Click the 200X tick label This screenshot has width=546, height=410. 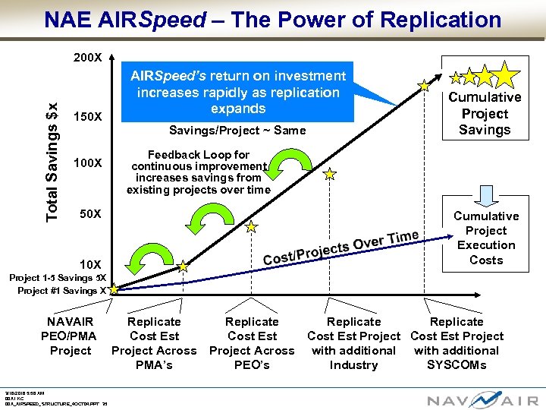tap(88, 58)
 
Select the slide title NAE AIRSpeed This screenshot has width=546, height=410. tap(273, 20)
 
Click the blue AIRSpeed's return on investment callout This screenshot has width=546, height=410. tap(238, 92)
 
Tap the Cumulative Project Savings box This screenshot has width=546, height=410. tap(485, 113)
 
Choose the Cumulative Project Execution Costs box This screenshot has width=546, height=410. tap(486, 238)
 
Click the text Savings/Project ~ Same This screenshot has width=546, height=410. tap(237, 131)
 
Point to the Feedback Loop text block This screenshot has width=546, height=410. tap(199, 172)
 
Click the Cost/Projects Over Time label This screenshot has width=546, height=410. tap(340, 247)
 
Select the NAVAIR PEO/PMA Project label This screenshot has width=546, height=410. tap(71, 336)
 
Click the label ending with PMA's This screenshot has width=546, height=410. tap(154, 343)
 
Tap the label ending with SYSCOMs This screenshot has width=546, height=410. tap(457, 343)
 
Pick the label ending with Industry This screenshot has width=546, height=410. tap(353, 343)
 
